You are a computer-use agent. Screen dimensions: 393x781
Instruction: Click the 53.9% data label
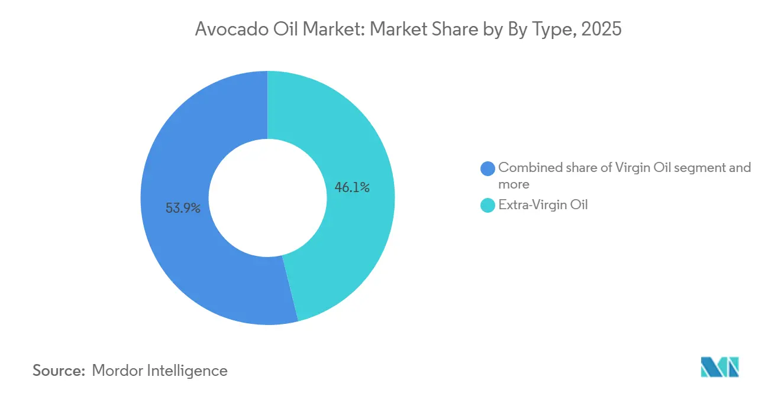pyautogui.click(x=183, y=208)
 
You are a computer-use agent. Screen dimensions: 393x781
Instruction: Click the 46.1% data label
pyautogui.click(x=352, y=188)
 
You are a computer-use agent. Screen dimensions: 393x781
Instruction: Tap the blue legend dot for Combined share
pyautogui.click(x=488, y=168)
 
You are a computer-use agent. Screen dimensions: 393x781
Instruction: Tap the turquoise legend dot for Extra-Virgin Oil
pyautogui.click(x=488, y=206)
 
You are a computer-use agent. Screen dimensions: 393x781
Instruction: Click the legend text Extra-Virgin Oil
pyautogui.click(x=543, y=206)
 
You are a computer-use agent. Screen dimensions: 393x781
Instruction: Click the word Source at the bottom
pyautogui.click(x=59, y=371)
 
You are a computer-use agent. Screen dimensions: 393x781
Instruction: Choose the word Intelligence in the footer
pyautogui.click(x=188, y=371)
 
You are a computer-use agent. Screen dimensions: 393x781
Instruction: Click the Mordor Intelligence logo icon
pyautogui.click(x=720, y=367)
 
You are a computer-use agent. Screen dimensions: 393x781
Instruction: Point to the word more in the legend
pyautogui.click(x=514, y=184)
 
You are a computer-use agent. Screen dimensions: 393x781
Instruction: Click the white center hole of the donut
pyautogui.click(x=267, y=198)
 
